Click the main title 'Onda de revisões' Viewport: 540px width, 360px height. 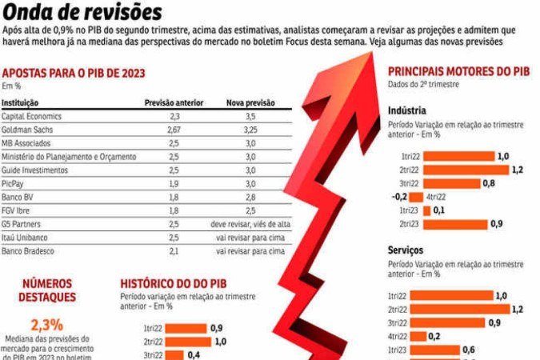pyautogui.click(x=82, y=12)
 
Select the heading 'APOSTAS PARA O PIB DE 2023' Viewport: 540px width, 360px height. pyautogui.click(x=72, y=74)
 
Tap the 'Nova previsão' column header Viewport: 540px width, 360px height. pyautogui.click(x=250, y=103)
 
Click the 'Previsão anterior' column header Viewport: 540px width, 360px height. pyautogui.click(x=174, y=103)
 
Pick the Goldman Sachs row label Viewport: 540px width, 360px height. pyautogui.click(x=28, y=130)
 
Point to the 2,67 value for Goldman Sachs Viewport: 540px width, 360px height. pyautogui.click(x=174, y=130)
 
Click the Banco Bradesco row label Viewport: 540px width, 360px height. pyautogui.click(x=27, y=251)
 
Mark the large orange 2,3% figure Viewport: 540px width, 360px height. pyautogui.click(x=46, y=325)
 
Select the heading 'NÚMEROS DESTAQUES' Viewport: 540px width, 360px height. pyautogui.click(x=46, y=290)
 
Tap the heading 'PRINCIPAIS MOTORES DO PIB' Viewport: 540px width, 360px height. pyautogui.click(x=458, y=71)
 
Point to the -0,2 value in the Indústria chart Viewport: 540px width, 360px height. pyautogui.click(x=400, y=197)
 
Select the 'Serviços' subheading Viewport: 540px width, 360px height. pyautogui.click(x=406, y=250)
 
